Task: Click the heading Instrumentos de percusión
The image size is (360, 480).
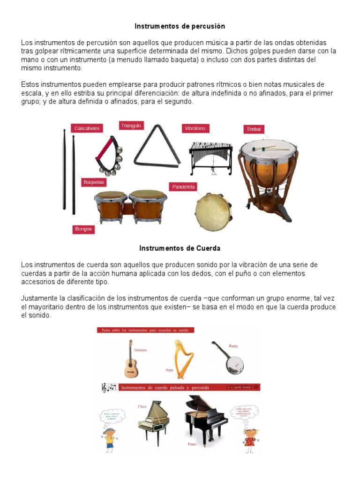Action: tap(180, 26)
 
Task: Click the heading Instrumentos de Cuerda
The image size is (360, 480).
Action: tap(180, 247)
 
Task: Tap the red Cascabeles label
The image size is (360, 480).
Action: tap(88, 128)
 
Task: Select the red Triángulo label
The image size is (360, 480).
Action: tap(132, 126)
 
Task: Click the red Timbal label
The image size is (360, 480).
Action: tap(255, 129)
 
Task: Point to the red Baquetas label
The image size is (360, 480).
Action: tap(94, 181)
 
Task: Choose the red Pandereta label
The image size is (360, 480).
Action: tap(183, 187)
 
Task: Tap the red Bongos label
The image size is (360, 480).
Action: tap(83, 229)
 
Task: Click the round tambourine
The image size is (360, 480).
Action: tap(214, 210)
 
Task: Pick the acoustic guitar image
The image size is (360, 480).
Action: tap(131, 361)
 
